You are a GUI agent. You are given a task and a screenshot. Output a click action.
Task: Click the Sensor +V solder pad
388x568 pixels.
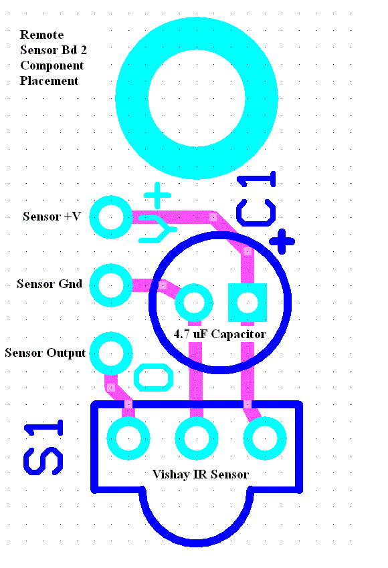pos(111,217)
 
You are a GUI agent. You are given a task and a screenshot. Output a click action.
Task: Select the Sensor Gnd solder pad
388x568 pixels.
pos(111,285)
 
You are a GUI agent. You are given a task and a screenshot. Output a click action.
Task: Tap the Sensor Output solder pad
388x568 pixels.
pos(111,353)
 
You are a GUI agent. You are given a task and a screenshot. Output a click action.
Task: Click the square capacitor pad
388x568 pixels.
pos(248,303)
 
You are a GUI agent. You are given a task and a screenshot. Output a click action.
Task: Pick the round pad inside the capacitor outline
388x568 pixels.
pos(194,303)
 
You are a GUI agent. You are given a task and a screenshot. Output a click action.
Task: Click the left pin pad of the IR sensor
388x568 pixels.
pos(128,438)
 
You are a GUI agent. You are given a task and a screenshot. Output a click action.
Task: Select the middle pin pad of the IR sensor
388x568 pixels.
pos(197,438)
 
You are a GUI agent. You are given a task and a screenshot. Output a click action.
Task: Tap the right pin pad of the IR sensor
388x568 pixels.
pos(265,438)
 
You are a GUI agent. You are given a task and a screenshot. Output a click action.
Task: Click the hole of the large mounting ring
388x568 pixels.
pos(197,98)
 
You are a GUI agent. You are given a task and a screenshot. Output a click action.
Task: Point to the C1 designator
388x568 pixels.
pos(256,198)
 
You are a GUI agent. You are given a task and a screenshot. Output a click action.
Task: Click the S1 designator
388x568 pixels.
pos(43,448)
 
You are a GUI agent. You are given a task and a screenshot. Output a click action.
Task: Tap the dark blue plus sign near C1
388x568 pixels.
pos(282,241)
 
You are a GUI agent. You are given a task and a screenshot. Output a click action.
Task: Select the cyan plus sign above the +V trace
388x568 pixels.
pos(157,196)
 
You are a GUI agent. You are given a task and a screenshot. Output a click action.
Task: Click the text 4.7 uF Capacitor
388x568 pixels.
pos(219,333)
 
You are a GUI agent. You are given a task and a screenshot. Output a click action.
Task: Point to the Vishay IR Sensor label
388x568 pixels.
pos(201,474)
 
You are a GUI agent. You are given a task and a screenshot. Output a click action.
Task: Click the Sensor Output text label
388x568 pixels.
pos(45,353)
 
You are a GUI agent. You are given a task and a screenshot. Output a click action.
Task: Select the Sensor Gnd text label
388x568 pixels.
pos(50,283)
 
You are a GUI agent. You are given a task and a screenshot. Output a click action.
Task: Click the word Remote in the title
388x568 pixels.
pos(41,34)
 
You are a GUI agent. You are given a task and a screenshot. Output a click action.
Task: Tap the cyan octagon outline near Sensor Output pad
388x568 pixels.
pos(153,378)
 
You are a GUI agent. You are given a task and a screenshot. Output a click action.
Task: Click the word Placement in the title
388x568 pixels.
pos(49,80)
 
